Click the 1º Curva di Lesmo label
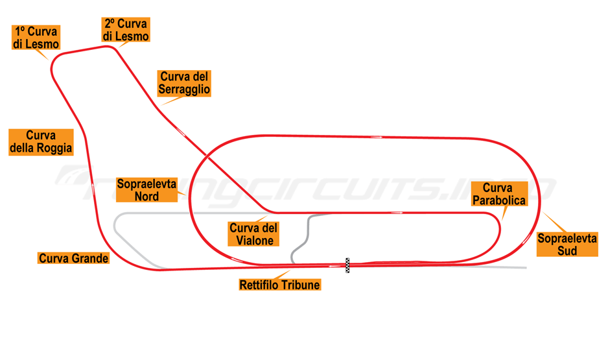pyautogui.click(x=36, y=38)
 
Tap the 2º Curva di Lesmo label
pyautogui.click(x=126, y=30)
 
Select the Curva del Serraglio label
pyautogui.click(x=185, y=83)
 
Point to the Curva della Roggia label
pyautogui.click(x=41, y=142)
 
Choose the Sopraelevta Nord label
pyautogui.click(x=146, y=190)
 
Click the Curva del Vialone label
pyautogui.click(x=253, y=234)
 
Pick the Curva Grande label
pyautogui.click(x=74, y=258)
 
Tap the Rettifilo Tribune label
pyautogui.click(x=280, y=284)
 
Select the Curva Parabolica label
pyautogui.click(x=499, y=195)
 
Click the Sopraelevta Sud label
pyautogui.click(x=567, y=244)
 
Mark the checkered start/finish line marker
pyautogui.click(x=347, y=265)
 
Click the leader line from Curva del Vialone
pyautogui.click(x=262, y=218)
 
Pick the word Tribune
pyautogui.click(x=300, y=284)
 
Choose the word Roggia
pyautogui.click(x=56, y=149)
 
